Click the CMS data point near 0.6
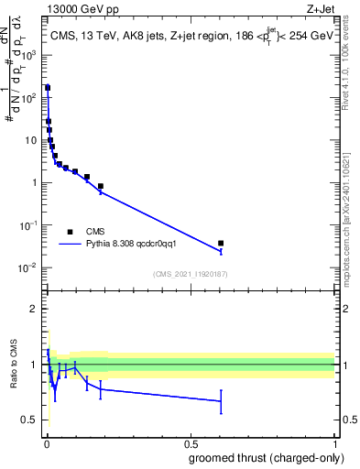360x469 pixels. [221, 244]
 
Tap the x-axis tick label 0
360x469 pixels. [46, 443]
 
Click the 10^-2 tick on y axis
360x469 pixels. [29, 267]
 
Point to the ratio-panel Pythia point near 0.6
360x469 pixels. [221, 401]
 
